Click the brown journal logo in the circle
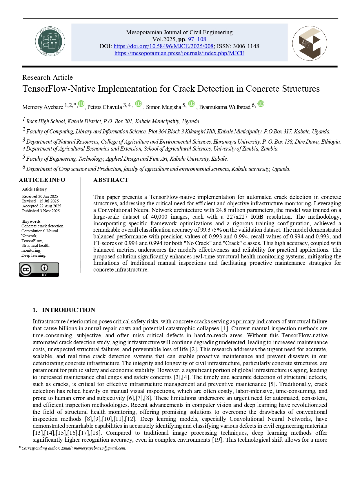coord(310,43)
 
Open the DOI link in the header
coord(163,46)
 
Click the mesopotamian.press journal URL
coord(179,53)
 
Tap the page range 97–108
coord(197,39)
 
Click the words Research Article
coord(48,77)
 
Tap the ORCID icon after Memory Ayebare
coord(81,104)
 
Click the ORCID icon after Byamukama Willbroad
coord(261,104)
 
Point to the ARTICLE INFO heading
coord(42,180)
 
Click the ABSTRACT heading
coord(111,180)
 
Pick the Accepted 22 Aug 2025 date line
coord(41,206)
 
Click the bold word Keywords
coord(31,221)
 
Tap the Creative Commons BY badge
coord(39,269)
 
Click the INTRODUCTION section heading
coord(68,310)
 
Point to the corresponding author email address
coord(100,448)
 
